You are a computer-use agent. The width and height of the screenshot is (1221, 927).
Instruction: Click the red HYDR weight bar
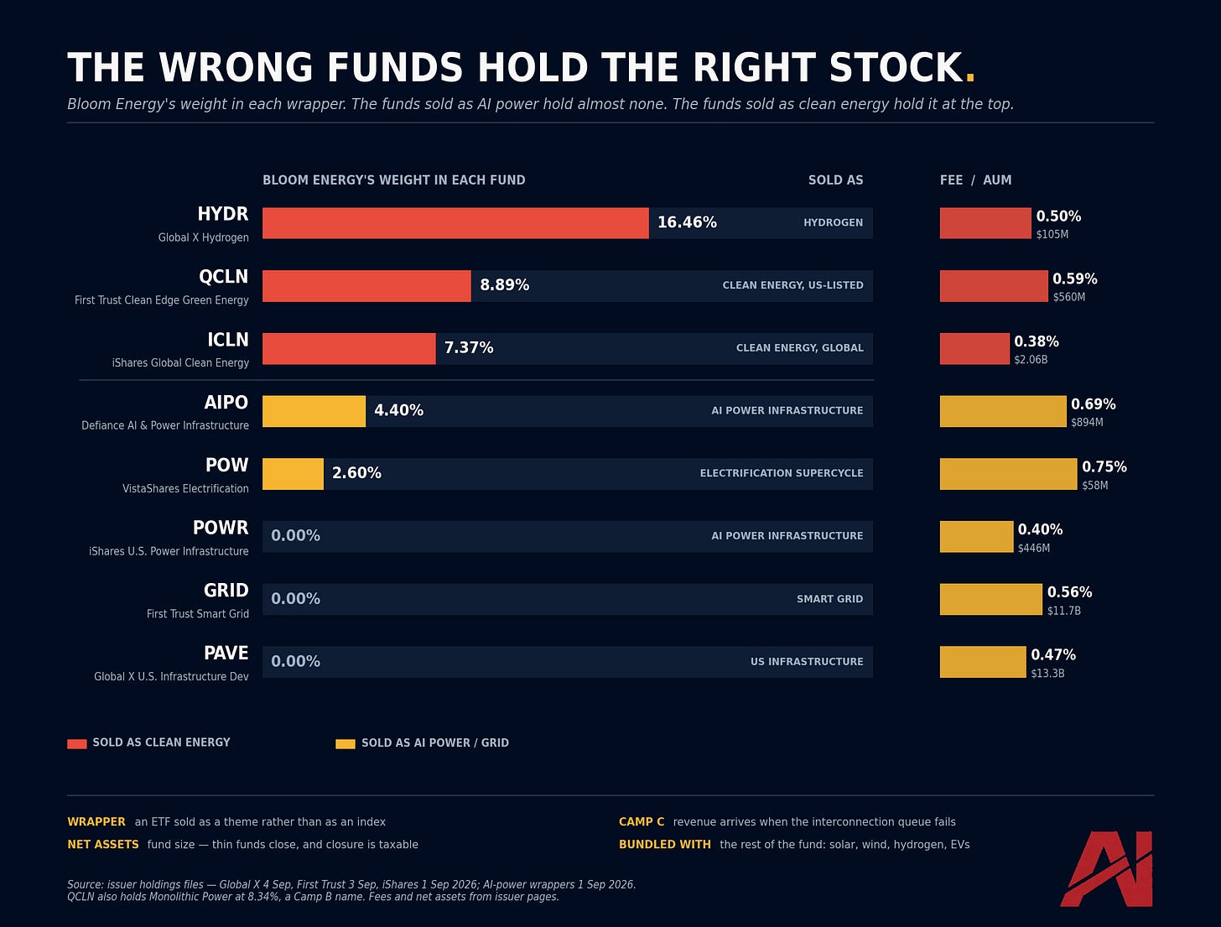pyautogui.click(x=455, y=223)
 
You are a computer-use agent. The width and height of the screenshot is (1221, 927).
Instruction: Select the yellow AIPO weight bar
pyautogui.click(x=314, y=411)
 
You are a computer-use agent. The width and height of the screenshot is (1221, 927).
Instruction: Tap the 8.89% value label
pyautogui.click(x=505, y=285)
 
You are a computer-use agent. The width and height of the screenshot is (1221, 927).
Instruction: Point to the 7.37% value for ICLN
pyautogui.click(x=469, y=348)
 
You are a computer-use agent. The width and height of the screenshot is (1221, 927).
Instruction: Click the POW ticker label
pyautogui.click(x=227, y=465)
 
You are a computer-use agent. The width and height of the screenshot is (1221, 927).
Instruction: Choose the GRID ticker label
pyautogui.click(x=226, y=591)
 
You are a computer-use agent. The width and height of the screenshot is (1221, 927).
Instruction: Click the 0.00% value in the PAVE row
pyautogui.click(x=295, y=662)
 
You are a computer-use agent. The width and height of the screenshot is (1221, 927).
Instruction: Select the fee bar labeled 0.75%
pyautogui.click(x=1009, y=474)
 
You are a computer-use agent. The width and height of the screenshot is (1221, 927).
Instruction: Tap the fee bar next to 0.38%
pyautogui.click(x=974, y=349)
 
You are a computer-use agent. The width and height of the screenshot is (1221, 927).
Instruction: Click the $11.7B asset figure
pyautogui.click(x=1063, y=611)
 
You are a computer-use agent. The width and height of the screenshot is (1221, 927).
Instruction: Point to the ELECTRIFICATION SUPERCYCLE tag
pyautogui.click(x=782, y=473)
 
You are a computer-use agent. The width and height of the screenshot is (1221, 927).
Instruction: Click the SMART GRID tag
pyautogui.click(x=830, y=599)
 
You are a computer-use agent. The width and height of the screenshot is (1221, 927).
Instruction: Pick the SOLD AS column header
pyautogui.click(x=835, y=180)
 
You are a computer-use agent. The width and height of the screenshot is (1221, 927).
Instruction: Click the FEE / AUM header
pyautogui.click(x=975, y=180)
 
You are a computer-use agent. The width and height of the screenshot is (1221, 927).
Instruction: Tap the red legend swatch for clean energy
pyautogui.click(x=77, y=744)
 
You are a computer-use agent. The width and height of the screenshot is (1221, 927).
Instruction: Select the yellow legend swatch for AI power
pyautogui.click(x=346, y=744)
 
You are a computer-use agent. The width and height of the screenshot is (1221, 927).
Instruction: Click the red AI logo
pyautogui.click(x=1106, y=868)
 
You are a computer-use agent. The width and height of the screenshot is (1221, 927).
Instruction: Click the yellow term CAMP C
pyautogui.click(x=642, y=822)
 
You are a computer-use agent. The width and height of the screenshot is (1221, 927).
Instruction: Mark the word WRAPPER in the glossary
pyautogui.click(x=96, y=822)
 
